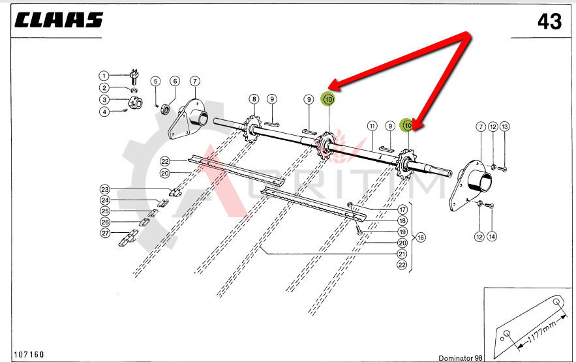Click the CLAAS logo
[x=59, y=20]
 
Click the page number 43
[x=549, y=22]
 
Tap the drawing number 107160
[x=29, y=354]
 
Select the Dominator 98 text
[x=461, y=358]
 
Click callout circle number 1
[x=104, y=76]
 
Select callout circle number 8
[x=254, y=99]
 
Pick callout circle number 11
[x=372, y=127]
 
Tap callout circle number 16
[x=421, y=237]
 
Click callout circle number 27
[x=106, y=233]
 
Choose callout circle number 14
[x=492, y=237]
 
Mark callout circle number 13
[x=505, y=127]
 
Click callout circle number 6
[x=175, y=81]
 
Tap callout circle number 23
[x=105, y=189]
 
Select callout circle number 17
[x=402, y=209]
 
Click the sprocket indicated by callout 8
[x=252, y=129]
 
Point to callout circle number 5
[x=155, y=81]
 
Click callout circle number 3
[x=104, y=100]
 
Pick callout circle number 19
[x=402, y=232]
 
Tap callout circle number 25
[x=105, y=211]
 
